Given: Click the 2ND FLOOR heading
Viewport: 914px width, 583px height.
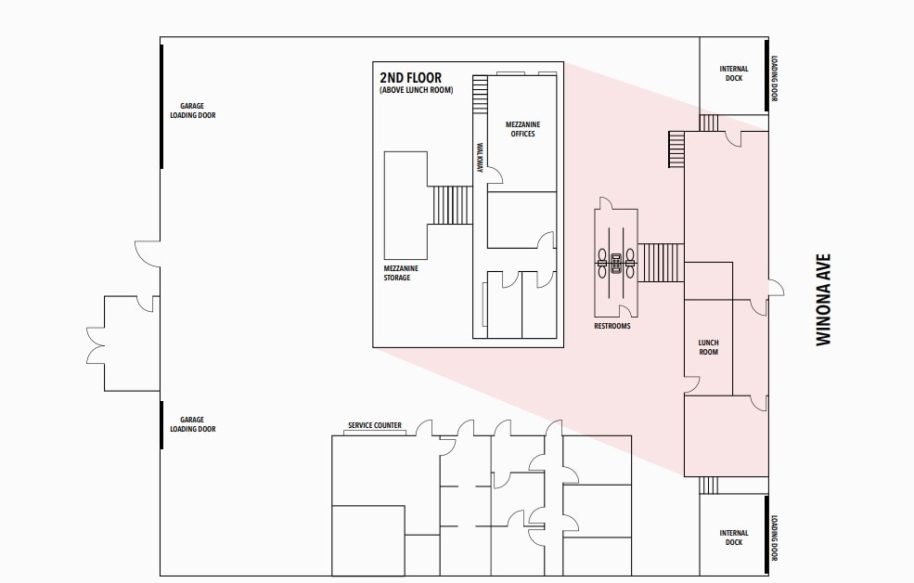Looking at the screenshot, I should (410, 78).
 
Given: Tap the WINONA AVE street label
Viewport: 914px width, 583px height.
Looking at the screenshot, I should (822, 300).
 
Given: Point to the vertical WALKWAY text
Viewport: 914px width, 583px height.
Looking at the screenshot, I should (480, 158).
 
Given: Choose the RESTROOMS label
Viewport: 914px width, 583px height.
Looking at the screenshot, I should (612, 327).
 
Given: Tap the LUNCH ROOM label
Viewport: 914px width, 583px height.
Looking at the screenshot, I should (708, 347).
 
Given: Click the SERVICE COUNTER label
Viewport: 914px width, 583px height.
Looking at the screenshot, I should (375, 426).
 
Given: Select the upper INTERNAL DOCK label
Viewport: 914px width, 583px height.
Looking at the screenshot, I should (733, 73).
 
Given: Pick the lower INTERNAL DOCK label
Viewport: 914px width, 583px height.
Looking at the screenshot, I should (733, 538).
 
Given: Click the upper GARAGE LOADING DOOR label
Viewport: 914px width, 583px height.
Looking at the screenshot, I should (192, 110).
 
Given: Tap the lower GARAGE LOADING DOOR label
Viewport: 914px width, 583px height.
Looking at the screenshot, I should (192, 424).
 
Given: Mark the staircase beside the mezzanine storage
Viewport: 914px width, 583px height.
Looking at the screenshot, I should (452, 204).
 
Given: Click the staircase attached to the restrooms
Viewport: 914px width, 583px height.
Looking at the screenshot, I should (662, 261).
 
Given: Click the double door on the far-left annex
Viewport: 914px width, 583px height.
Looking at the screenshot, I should (96, 343).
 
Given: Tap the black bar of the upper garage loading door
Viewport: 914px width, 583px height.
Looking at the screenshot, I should (162, 106).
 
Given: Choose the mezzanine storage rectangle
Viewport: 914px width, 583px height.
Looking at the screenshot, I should (406, 205).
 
